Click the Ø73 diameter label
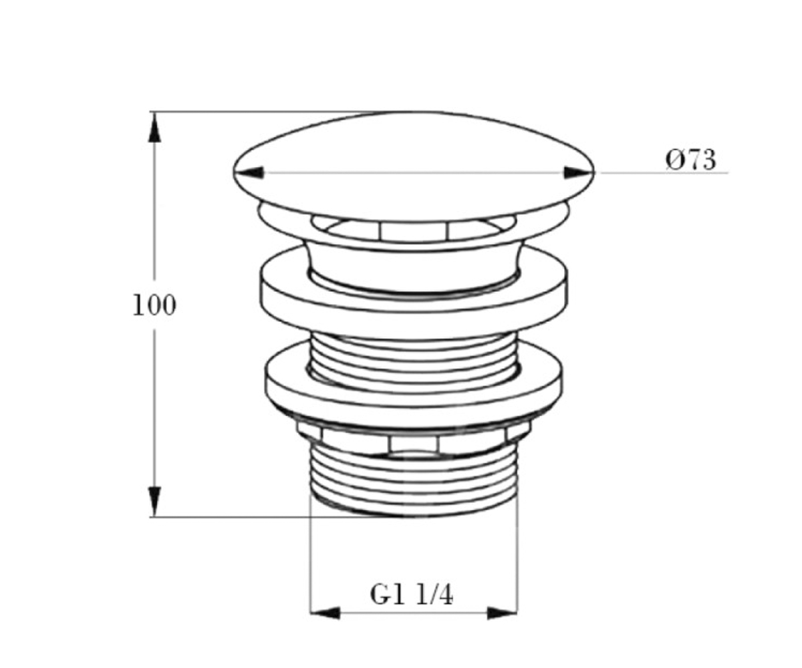[690, 160]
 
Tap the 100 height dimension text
[154, 305]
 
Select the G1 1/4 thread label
[411, 595]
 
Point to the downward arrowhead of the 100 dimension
[154, 502]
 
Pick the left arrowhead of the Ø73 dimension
[249, 172]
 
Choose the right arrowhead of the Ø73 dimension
[579, 172]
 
